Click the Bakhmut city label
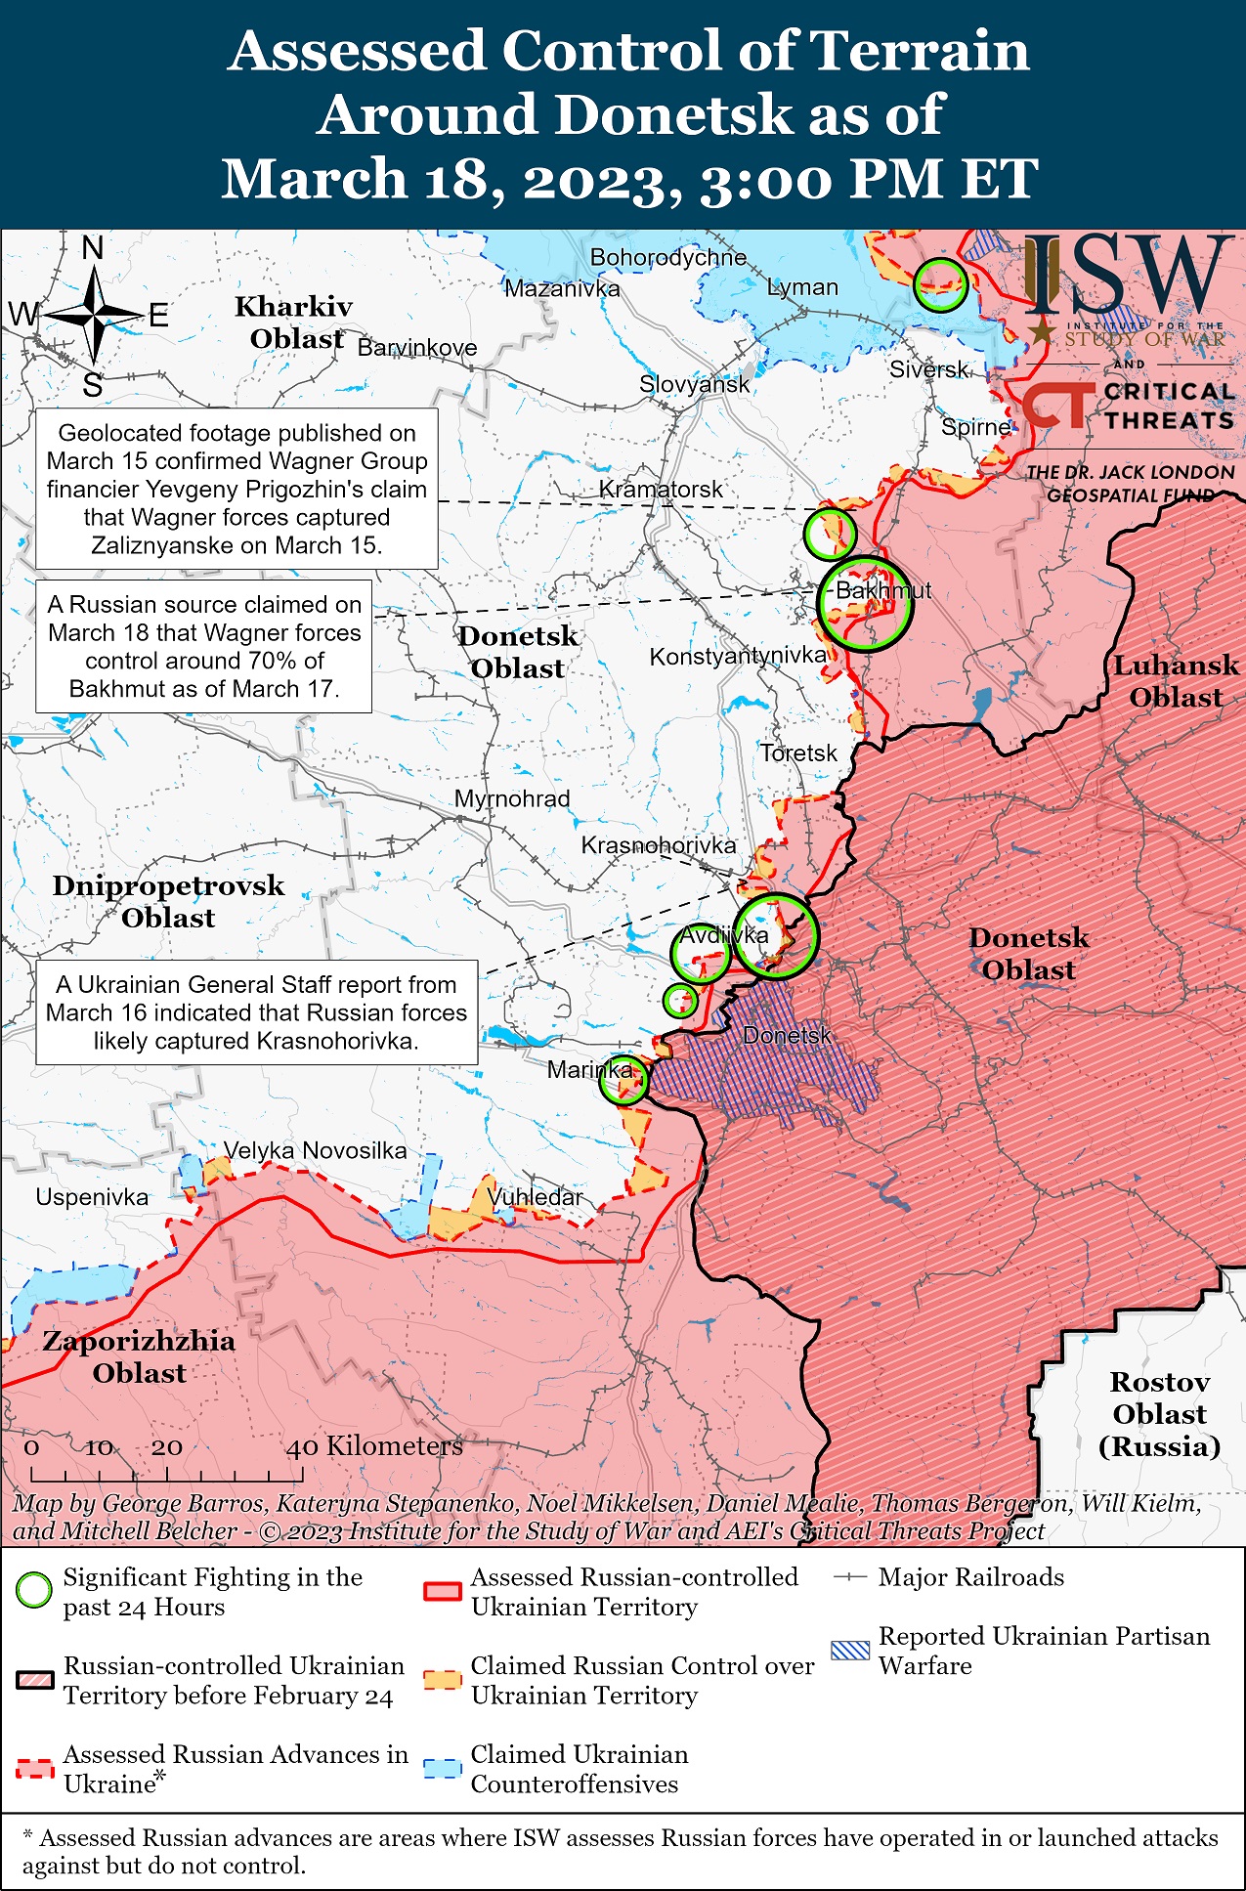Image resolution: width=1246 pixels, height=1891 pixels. coord(883,590)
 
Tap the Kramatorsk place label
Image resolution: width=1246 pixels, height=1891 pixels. coord(661,489)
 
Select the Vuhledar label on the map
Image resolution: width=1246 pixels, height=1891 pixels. coord(535,1196)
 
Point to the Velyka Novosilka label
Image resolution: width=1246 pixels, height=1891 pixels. coord(315,1150)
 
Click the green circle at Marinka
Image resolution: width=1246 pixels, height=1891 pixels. coord(623,1079)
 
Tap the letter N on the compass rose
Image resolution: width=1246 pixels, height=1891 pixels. coord(93,248)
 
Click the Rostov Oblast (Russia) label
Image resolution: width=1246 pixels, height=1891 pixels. coord(1159,1413)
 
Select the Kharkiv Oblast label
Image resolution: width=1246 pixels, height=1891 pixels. coord(293,322)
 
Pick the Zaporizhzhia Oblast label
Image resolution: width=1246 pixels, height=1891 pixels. coord(139,1356)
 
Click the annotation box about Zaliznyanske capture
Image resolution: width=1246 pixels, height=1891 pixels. coord(236,489)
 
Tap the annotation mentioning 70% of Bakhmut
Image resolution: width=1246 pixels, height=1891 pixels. coord(204,647)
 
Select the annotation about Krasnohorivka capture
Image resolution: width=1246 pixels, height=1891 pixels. coord(256,1012)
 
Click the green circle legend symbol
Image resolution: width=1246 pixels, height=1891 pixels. coord(34,1591)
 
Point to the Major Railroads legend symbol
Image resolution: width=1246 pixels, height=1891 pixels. coord(850,1577)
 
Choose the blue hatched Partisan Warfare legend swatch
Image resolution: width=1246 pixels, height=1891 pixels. coord(849,1651)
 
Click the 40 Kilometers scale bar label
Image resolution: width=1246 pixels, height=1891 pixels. coord(373,1446)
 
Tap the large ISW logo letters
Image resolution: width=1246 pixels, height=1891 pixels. coord(1124,276)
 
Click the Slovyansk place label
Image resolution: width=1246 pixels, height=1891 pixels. coord(694,384)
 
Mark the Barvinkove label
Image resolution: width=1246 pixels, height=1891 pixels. coord(417,348)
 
